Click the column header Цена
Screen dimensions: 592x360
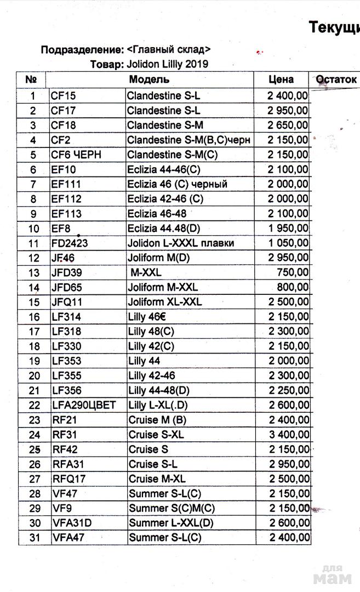tap(281, 79)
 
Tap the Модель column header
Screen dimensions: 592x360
tap(149, 79)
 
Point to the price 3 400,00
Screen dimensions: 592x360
tap(288, 435)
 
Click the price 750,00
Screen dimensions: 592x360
tap(294, 272)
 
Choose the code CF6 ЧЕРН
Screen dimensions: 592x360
tap(76, 155)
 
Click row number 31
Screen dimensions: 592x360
tap(35, 538)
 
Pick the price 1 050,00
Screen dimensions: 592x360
tap(288, 243)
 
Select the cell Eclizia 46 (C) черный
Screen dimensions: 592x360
tap(177, 184)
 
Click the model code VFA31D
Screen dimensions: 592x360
tap(72, 523)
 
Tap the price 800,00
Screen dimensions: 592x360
tap(294, 287)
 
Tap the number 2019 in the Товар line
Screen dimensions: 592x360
tap(197, 64)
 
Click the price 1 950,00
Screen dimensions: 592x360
tap(288, 228)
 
